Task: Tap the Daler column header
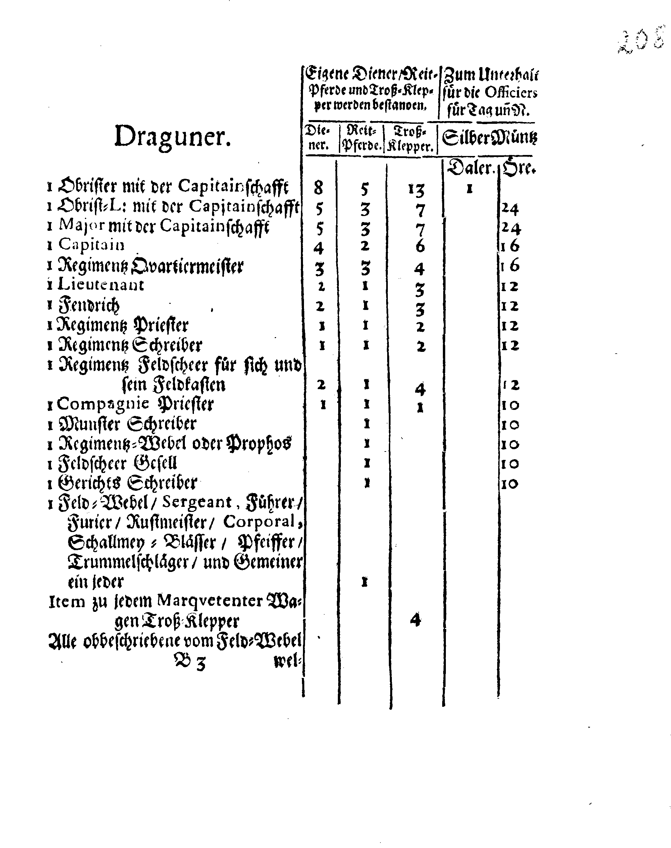point(469,168)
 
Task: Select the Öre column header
point(519,168)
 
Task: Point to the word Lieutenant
point(101,285)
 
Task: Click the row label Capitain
point(91,245)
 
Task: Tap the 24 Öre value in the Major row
point(511,228)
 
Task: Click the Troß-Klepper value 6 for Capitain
point(420,247)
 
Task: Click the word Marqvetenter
point(209,600)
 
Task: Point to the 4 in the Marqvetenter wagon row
point(415,620)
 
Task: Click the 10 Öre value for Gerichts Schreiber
point(510,483)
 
